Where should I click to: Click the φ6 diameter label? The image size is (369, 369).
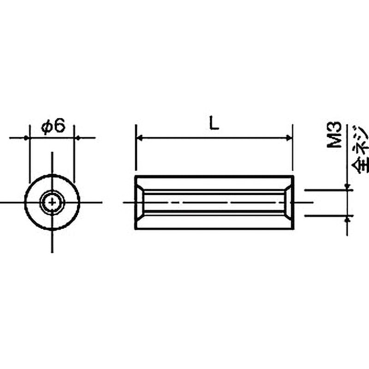point(53,126)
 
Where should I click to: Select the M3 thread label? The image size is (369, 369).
point(334,135)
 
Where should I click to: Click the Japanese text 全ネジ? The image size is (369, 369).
point(360,149)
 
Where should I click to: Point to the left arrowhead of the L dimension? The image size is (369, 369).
point(140,138)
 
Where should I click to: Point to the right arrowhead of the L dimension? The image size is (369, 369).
point(289,138)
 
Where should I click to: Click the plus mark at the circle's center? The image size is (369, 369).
point(52,202)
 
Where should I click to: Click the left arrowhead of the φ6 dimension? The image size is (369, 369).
point(27,138)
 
